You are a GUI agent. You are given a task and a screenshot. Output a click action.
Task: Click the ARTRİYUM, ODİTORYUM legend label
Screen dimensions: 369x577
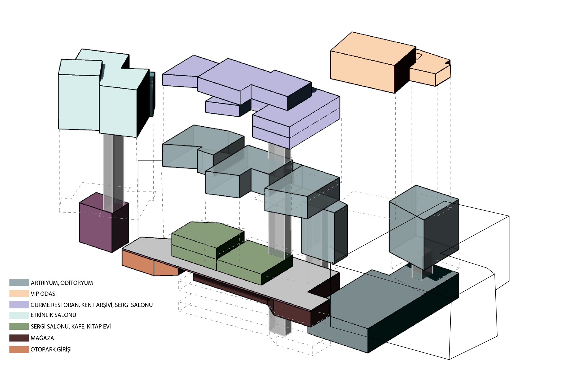click(62, 283)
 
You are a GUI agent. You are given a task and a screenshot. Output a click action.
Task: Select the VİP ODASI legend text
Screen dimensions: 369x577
click(44, 294)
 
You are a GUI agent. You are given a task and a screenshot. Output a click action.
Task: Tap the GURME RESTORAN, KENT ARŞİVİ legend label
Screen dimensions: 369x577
click(91, 305)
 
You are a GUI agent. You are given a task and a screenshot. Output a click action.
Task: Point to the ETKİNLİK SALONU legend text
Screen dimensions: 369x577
click(53, 315)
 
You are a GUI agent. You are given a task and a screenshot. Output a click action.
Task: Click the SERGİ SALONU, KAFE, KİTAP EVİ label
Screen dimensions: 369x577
click(71, 327)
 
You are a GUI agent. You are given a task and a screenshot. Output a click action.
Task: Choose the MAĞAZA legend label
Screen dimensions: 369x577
click(42, 338)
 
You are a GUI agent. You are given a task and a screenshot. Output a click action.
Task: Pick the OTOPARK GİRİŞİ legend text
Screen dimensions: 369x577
click(51, 349)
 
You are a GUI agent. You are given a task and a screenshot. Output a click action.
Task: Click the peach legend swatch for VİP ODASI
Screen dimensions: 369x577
click(19, 294)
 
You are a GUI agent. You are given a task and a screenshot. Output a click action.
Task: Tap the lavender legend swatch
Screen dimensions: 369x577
click(19, 305)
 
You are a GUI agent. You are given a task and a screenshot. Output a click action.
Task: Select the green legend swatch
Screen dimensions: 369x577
click(19, 326)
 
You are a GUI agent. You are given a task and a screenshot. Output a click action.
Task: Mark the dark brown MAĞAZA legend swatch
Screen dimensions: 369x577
click(19, 338)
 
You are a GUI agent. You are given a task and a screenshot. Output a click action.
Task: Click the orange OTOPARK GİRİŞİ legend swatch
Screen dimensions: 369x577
click(19, 349)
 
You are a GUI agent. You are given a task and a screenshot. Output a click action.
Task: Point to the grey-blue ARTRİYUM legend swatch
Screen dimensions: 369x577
click(19, 282)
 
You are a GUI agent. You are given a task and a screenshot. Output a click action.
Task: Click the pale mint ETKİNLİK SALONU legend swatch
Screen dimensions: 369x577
click(19, 315)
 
